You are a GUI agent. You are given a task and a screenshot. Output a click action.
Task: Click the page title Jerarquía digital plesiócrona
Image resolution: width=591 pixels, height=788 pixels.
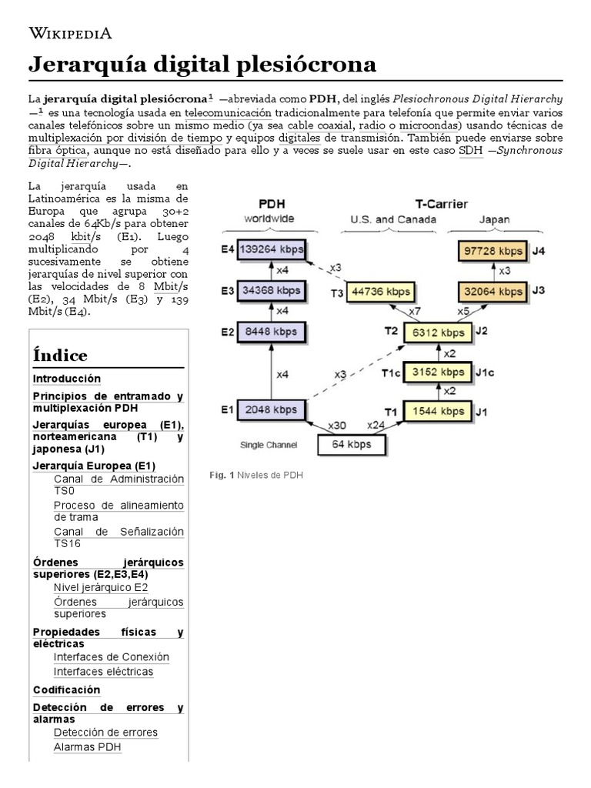202,65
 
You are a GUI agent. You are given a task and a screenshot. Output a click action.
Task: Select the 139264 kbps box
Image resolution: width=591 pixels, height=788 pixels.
272,250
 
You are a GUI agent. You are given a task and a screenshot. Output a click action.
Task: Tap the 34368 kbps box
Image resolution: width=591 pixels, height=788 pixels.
272,292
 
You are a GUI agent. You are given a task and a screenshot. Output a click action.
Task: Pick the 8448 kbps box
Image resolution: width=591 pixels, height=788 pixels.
272,332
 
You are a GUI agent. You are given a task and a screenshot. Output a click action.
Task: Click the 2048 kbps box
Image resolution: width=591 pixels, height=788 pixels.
272,411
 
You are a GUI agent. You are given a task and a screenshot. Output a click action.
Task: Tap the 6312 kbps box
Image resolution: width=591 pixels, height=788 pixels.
437,332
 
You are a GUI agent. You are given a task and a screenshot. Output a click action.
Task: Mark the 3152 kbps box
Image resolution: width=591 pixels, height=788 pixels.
437,372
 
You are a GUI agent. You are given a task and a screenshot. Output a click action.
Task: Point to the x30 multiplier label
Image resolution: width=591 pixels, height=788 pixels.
336,426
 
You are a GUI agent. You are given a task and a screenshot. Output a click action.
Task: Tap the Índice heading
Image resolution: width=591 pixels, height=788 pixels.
60,356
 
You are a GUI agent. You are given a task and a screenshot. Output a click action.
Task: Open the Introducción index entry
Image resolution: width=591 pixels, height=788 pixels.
67,379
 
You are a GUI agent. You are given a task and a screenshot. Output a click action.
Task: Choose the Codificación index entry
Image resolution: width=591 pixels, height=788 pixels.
67,689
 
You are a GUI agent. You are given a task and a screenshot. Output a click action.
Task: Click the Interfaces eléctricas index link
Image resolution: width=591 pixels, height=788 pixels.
103,672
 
